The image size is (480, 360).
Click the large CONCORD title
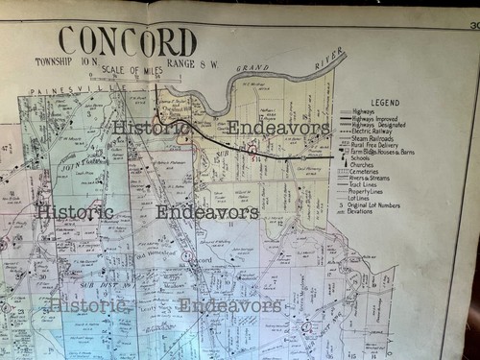click(127, 40)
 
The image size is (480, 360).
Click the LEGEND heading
click(385, 102)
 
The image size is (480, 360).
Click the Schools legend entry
click(365, 158)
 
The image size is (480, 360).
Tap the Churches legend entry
click(366, 166)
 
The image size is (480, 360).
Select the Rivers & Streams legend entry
click(374, 181)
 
